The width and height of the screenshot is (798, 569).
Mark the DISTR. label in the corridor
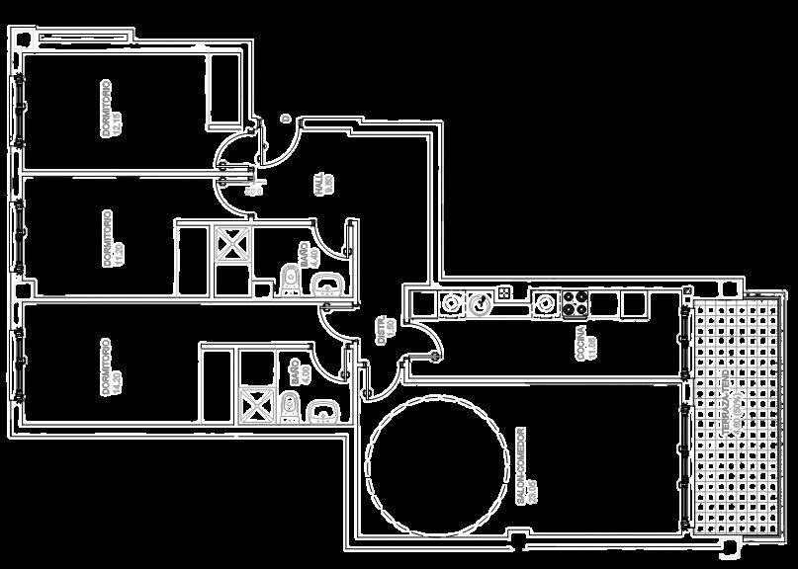pos(385,330)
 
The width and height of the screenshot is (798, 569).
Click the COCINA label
pos(585,342)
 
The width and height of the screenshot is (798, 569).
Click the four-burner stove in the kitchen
pos(575,302)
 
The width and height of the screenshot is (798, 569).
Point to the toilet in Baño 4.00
pos(289,405)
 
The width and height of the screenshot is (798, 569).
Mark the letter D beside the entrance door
pos(285,120)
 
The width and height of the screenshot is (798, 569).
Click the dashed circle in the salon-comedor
pos(428,462)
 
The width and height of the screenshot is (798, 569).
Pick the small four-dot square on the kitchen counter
pos(504,293)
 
